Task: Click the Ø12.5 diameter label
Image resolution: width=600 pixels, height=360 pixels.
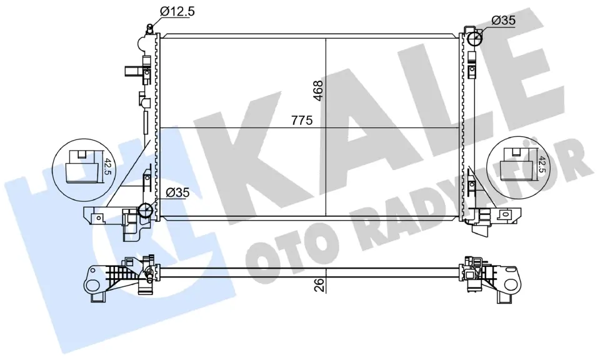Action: [x=177, y=11]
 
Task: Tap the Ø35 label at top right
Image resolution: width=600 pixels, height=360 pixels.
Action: [x=504, y=21]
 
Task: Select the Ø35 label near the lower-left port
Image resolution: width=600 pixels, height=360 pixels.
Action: [x=177, y=193]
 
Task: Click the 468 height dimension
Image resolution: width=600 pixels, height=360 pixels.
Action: [x=318, y=91]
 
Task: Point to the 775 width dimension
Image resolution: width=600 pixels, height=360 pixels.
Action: [x=302, y=121]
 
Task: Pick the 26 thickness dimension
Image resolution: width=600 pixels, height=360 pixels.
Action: [x=319, y=286]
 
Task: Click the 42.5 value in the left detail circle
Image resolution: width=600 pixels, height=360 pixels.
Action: [x=108, y=167]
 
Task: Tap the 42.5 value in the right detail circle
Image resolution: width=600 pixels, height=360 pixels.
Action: [x=542, y=163]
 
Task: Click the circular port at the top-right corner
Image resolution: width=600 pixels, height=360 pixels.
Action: [x=475, y=38]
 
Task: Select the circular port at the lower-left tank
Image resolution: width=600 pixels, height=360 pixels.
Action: [x=146, y=210]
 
